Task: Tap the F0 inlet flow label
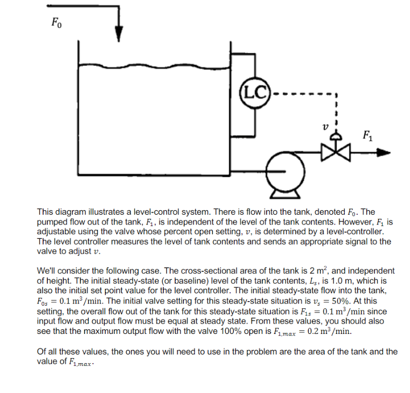57,23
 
